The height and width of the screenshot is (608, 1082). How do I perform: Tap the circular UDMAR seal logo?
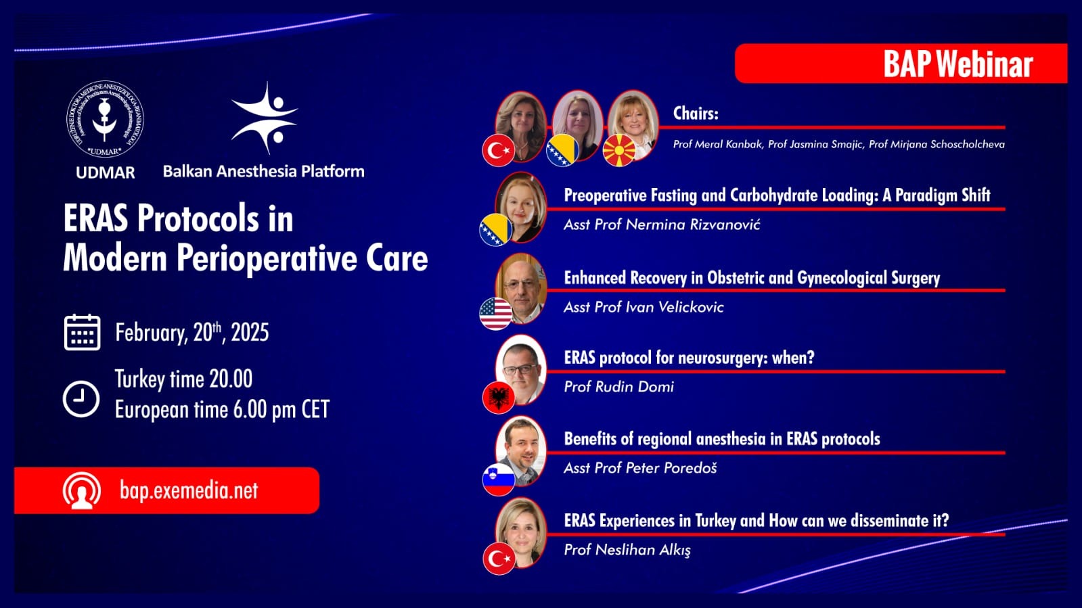(x=105, y=120)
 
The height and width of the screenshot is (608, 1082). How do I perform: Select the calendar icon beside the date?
(x=82, y=332)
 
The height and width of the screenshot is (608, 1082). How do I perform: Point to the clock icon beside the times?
(x=81, y=398)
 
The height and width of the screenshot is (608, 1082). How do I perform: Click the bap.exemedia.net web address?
(x=189, y=490)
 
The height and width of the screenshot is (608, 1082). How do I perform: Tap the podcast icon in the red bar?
(x=82, y=490)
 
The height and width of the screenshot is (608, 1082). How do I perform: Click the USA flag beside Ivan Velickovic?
(x=495, y=313)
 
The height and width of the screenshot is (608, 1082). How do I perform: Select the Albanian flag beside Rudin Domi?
(x=499, y=397)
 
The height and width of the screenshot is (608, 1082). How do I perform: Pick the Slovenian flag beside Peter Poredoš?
(x=499, y=479)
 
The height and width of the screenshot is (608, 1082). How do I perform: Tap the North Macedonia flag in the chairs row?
(x=618, y=150)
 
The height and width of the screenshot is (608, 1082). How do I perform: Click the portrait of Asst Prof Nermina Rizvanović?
(x=522, y=205)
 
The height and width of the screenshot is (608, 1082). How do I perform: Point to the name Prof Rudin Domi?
(x=618, y=387)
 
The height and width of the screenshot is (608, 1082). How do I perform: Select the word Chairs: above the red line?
(x=695, y=113)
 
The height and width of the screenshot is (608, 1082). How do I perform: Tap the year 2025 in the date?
(x=250, y=333)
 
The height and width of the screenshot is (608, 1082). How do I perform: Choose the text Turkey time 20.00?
(x=183, y=379)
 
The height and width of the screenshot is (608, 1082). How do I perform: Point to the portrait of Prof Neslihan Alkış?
(x=522, y=531)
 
